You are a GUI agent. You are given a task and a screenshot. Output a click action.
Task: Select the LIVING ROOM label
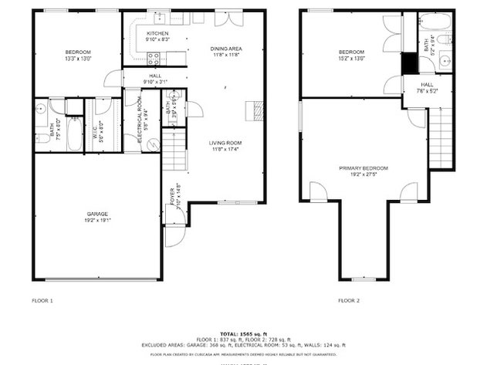(x=225, y=145)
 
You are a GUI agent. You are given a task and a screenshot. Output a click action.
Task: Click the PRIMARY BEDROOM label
(x=364, y=171)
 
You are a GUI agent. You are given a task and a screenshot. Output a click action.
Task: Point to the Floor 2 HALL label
(x=427, y=87)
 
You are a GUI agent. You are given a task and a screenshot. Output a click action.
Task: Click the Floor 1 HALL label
(x=155, y=78)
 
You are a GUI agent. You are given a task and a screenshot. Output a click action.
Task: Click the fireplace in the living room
(x=251, y=110)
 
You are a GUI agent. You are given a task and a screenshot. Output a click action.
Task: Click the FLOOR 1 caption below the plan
(x=42, y=300)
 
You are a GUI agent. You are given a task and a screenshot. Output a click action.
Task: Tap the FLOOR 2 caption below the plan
(x=349, y=300)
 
